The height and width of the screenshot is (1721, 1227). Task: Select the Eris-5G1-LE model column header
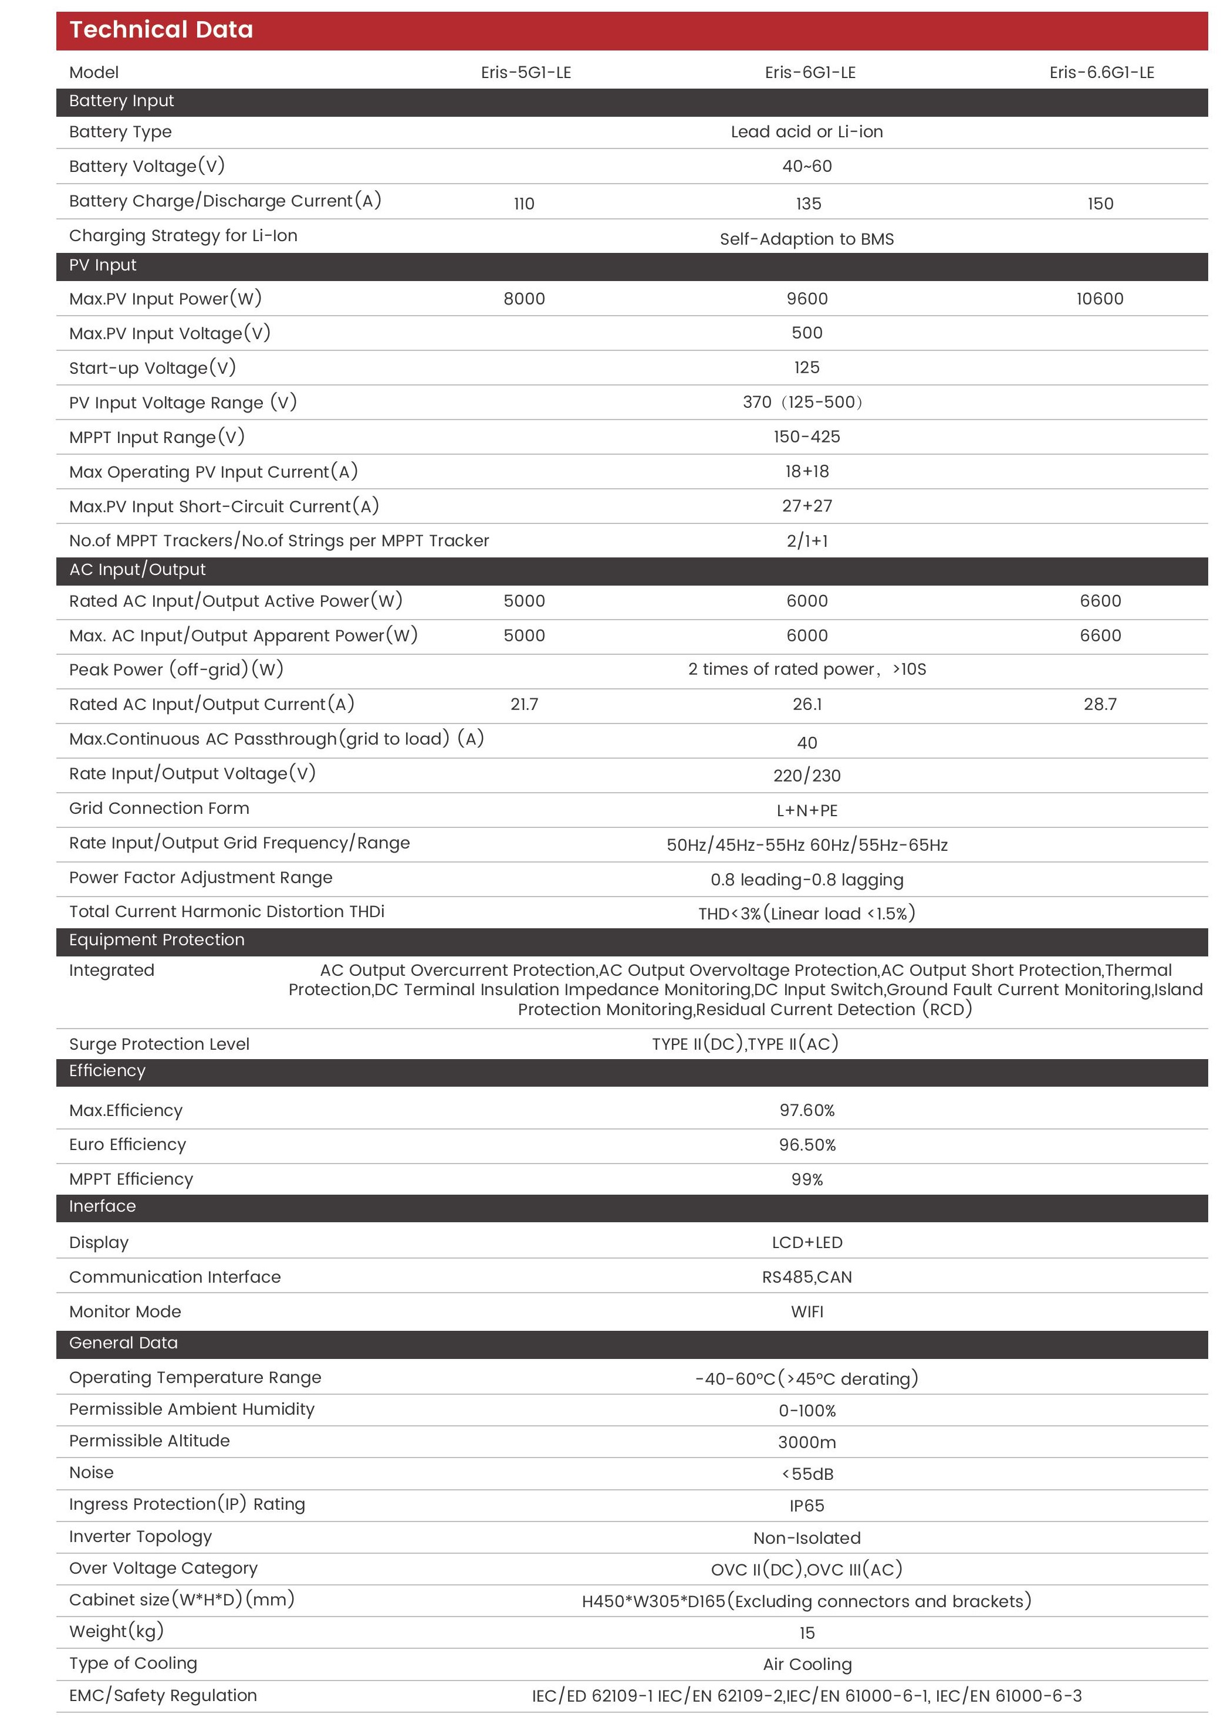(x=526, y=73)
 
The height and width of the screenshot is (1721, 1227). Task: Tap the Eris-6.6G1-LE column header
(x=1101, y=73)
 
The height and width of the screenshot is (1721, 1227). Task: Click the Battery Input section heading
(x=121, y=102)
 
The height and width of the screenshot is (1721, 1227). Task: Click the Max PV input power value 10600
(x=1099, y=299)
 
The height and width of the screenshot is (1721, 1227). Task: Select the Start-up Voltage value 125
(x=806, y=368)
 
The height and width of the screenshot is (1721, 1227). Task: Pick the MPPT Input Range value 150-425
(x=806, y=437)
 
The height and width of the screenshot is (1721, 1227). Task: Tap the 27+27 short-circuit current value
(x=806, y=506)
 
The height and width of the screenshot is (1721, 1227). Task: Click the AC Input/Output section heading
(x=137, y=570)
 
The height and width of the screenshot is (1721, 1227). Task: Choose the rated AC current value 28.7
(x=1099, y=705)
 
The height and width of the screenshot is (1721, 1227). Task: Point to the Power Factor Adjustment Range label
(x=200, y=878)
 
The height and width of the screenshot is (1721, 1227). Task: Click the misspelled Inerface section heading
(x=102, y=1206)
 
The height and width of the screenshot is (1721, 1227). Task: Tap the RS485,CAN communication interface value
(x=806, y=1277)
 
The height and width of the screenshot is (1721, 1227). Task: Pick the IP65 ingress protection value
(x=806, y=1506)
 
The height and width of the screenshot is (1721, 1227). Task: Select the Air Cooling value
(x=806, y=1664)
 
